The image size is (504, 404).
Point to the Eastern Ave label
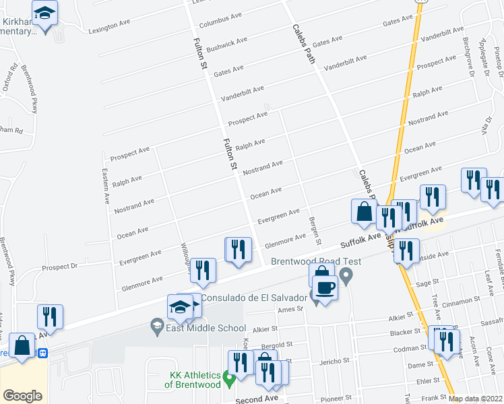pos(106,187)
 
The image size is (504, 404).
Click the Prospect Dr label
pos(60,267)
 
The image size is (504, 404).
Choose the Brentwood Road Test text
pos(316,262)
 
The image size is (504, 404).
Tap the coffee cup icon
pos(324,288)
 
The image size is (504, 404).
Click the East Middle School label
pos(205,328)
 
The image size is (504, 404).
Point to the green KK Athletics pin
pos(229,379)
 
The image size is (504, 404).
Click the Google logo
pos(23,396)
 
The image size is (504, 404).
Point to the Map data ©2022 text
pos(476,399)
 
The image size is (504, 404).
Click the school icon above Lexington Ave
pos(45,13)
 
